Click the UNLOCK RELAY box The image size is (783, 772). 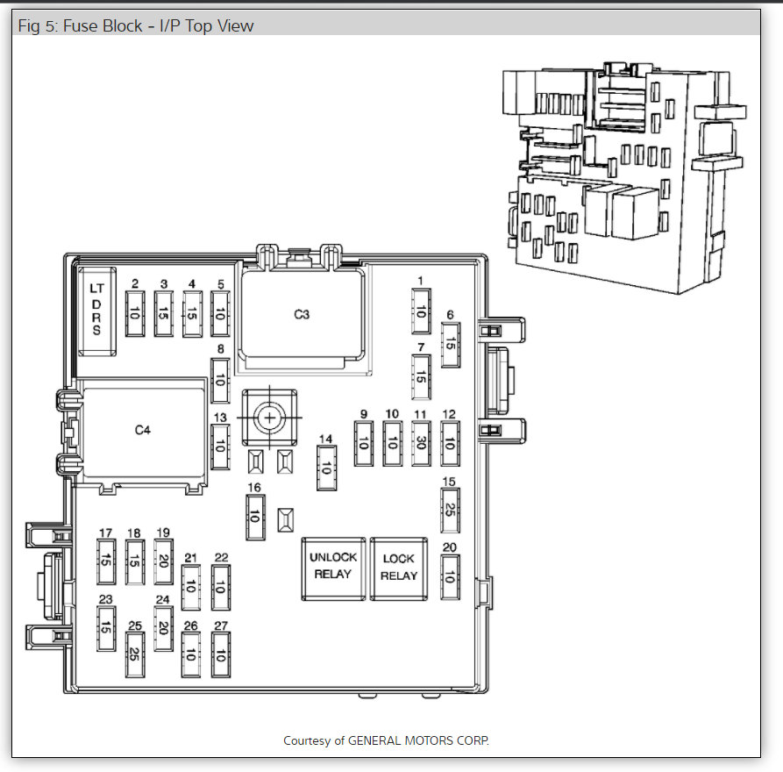[333, 568]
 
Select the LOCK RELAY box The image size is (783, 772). [398, 568]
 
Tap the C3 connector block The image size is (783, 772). [302, 314]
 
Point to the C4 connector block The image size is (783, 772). [143, 430]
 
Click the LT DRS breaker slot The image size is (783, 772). [96, 311]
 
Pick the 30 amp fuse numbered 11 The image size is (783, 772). [421, 443]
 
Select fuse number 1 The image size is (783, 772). [421, 311]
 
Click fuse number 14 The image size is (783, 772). [326, 468]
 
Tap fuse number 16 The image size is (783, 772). [255, 518]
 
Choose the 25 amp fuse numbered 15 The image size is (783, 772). [450, 511]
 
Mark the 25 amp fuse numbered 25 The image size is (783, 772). [135, 654]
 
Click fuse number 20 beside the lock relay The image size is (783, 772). [450, 576]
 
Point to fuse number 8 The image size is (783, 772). [220, 380]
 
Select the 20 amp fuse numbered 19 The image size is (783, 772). [163, 561]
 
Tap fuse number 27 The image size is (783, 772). [221, 654]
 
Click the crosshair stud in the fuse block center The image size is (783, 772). [270, 418]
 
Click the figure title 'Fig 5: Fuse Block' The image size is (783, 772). [80, 26]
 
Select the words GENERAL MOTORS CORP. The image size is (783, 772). [418, 740]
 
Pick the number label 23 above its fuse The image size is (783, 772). [106, 599]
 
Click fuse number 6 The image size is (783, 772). [451, 345]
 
